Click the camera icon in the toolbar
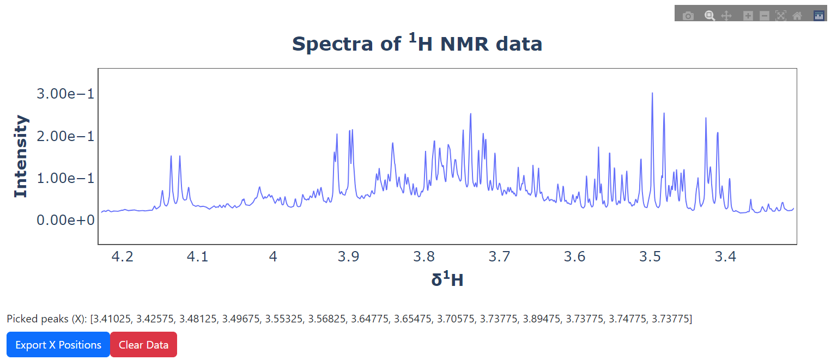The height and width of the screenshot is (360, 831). pyautogui.click(x=689, y=16)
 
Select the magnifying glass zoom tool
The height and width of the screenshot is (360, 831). pyautogui.click(x=709, y=16)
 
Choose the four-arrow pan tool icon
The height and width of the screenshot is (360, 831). pyautogui.click(x=726, y=16)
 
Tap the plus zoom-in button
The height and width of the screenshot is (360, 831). pyautogui.click(x=748, y=16)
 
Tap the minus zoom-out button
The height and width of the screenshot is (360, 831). pyautogui.click(x=765, y=16)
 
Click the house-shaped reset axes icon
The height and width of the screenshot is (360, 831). pyautogui.click(x=797, y=16)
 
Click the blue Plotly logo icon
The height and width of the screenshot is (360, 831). pyautogui.click(x=819, y=16)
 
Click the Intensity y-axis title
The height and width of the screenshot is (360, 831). pyautogui.click(x=21, y=156)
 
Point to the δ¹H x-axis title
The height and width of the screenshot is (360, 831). pyautogui.click(x=447, y=279)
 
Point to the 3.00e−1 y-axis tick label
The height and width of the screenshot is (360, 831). pyautogui.click(x=65, y=94)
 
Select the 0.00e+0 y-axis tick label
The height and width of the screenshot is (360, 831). pyautogui.click(x=65, y=220)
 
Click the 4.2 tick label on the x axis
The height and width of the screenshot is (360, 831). pyautogui.click(x=122, y=257)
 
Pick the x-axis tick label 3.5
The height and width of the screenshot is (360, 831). pyautogui.click(x=650, y=257)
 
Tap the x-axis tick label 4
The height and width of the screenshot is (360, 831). pyautogui.click(x=273, y=257)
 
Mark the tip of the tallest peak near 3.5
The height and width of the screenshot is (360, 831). pyautogui.click(x=652, y=93)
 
